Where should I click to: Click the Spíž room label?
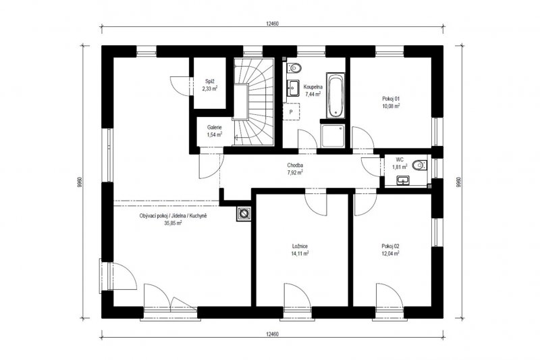click(210, 82)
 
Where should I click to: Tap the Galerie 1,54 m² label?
click(214, 131)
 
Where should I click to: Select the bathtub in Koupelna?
click(335, 95)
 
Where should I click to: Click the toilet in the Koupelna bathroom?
click(294, 68)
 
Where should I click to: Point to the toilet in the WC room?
click(419, 165)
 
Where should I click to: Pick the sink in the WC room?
click(402, 180)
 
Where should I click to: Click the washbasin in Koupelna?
click(294, 88)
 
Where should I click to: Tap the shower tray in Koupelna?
click(332, 136)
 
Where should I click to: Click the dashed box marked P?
click(291, 111)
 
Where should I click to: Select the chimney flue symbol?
click(244, 214)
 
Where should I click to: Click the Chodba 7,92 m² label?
click(295, 169)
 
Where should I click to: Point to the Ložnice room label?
click(300, 247)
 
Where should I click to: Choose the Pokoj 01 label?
click(391, 99)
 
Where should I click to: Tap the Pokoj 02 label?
click(390, 247)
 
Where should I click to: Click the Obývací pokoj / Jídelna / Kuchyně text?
click(173, 215)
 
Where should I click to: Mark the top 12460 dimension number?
click(272, 24)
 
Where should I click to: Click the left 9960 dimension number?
click(80, 182)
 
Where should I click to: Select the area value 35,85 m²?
click(173, 223)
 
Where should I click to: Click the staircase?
click(254, 101)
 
